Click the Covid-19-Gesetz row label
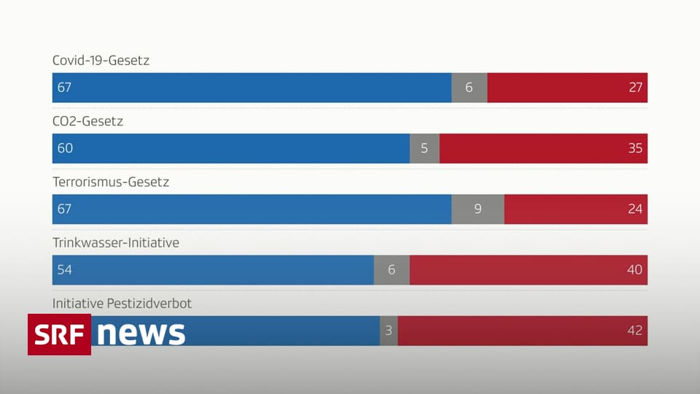(101, 61)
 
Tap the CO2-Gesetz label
(87, 121)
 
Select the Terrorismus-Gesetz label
(111, 182)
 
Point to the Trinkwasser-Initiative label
(116, 242)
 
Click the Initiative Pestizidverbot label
(122, 303)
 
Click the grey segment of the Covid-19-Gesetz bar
(469, 88)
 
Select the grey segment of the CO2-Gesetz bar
(424, 148)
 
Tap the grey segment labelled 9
(478, 209)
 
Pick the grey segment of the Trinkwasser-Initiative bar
(392, 270)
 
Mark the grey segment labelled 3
(389, 331)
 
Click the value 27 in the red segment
(635, 88)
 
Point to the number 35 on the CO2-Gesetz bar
(635, 148)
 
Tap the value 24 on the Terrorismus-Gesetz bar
(635, 209)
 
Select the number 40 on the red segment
(635, 270)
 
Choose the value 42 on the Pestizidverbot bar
(635, 331)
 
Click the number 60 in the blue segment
(65, 148)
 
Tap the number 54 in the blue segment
(65, 270)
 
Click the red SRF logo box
(59, 334)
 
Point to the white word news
(141, 333)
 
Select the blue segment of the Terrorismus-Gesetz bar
(252, 209)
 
